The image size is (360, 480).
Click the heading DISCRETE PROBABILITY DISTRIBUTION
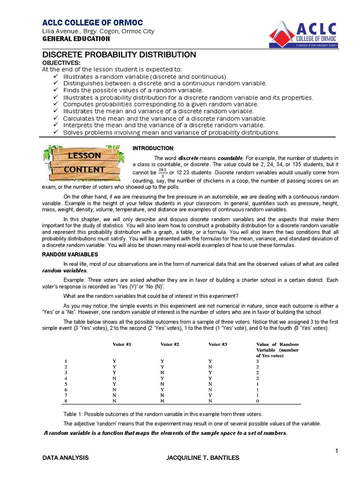tap(119, 55)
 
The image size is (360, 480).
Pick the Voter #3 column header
tap(217, 345)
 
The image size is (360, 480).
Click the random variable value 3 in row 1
tap(257, 361)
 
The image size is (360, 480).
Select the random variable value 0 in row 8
tap(257, 401)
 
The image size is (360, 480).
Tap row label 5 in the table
tap(66, 384)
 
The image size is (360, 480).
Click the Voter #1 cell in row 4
tap(114, 378)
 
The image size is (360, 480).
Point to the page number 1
tap(336, 451)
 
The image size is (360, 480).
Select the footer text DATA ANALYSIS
tap(65, 457)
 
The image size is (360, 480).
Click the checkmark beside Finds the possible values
tap(56, 90)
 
